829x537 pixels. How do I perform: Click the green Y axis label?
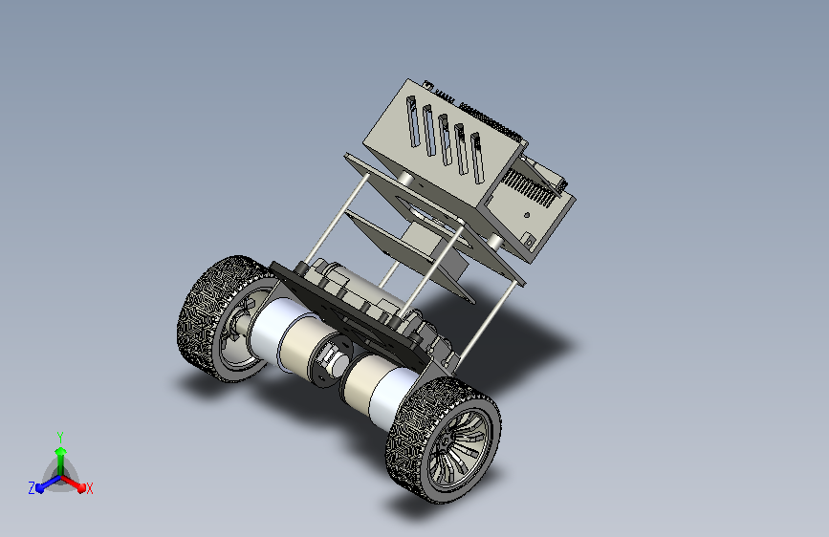pos(60,437)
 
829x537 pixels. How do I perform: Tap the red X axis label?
pos(89,488)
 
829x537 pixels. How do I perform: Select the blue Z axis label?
pos(32,488)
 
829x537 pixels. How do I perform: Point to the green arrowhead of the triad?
pos(61,451)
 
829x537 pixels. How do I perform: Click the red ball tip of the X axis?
pos(81,488)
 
